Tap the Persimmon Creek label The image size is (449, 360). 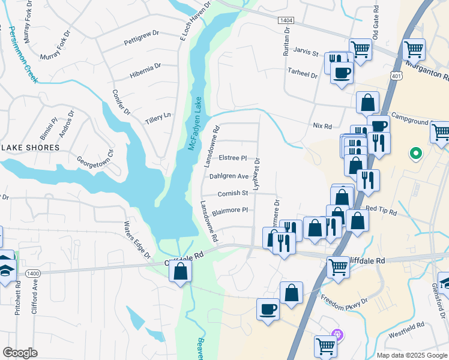[x=23, y=53]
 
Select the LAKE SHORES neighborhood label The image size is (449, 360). [x=31, y=148]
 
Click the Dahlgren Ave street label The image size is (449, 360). [x=229, y=176]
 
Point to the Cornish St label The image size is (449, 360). [x=233, y=193]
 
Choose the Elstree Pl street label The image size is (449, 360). [x=233, y=158]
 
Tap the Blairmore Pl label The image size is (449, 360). [x=230, y=211]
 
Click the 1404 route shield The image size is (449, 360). [x=286, y=20]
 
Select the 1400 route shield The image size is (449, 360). [x=34, y=274]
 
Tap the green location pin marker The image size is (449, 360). [x=414, y=154]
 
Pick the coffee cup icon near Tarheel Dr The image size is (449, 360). [x=342, y=73]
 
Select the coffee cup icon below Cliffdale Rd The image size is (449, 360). [x=268, y=310]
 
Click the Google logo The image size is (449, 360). [x=20, y=353]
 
